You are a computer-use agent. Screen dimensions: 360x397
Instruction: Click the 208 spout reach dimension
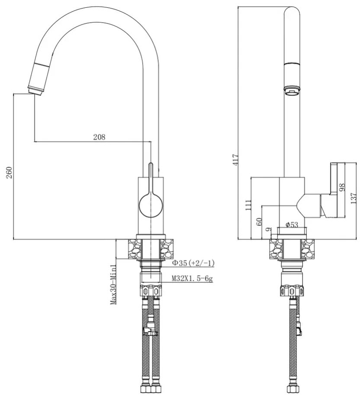click(x=99, y=137)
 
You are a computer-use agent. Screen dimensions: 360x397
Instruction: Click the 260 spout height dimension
click(x=9, y=173)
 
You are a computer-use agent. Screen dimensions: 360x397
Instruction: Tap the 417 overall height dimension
click(x=236, y=160)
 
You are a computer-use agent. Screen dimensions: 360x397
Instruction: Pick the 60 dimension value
click(x=259, y=221)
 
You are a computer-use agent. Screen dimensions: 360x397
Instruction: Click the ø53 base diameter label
click(x=292, y=224)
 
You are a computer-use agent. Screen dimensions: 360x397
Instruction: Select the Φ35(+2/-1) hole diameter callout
click(x=193, y=263)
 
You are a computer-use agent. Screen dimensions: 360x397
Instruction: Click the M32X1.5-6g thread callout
click(x=192, y=279)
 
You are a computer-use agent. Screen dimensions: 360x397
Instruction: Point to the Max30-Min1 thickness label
click(x=113, y=284)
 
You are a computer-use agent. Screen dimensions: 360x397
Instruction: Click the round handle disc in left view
click(x=151, y=205)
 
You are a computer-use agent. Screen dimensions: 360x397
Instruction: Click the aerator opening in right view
click(x=292, y=91)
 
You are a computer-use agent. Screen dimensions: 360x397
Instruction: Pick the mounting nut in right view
click(x=292, y=291)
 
